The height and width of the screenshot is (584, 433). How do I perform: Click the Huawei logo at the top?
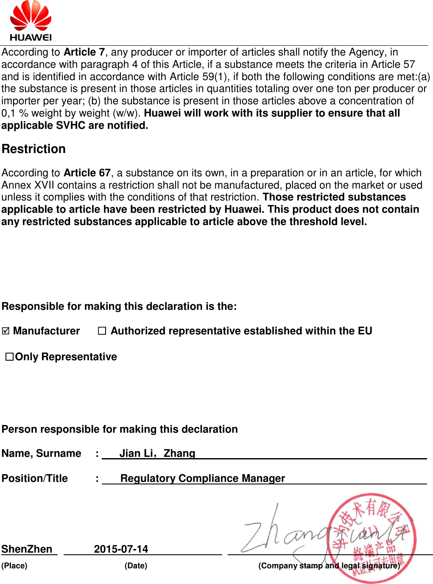[x=31, y=21]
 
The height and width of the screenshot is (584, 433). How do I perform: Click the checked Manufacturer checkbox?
[x=6, y=331]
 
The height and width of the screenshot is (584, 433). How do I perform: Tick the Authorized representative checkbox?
[x=102, y=331]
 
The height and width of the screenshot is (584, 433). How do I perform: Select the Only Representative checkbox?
[x=9, y=357]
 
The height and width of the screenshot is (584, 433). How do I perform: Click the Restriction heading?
[x=34, y=149]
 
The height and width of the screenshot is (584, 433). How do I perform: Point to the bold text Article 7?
[x=84, y=52]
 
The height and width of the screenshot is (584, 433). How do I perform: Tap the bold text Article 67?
[x=87, y=173]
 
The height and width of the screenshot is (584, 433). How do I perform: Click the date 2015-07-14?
[x=121, y=549]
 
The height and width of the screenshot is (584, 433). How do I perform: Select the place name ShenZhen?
[x=27, y=549]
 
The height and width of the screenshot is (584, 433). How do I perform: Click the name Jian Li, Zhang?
[x=157, y=453]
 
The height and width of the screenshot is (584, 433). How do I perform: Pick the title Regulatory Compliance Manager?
[x=203, y=478]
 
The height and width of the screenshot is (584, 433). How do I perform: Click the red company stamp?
[x=372, y=538]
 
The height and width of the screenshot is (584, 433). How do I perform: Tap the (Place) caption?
[x=14, y=566]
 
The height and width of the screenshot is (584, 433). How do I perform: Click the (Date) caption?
[x=136, y=566]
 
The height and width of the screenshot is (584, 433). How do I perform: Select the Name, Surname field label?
[x=41, y=453]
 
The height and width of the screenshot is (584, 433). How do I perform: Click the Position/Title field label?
[x=35, y=478]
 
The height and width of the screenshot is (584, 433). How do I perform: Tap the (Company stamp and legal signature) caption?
[x=329, y=566]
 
